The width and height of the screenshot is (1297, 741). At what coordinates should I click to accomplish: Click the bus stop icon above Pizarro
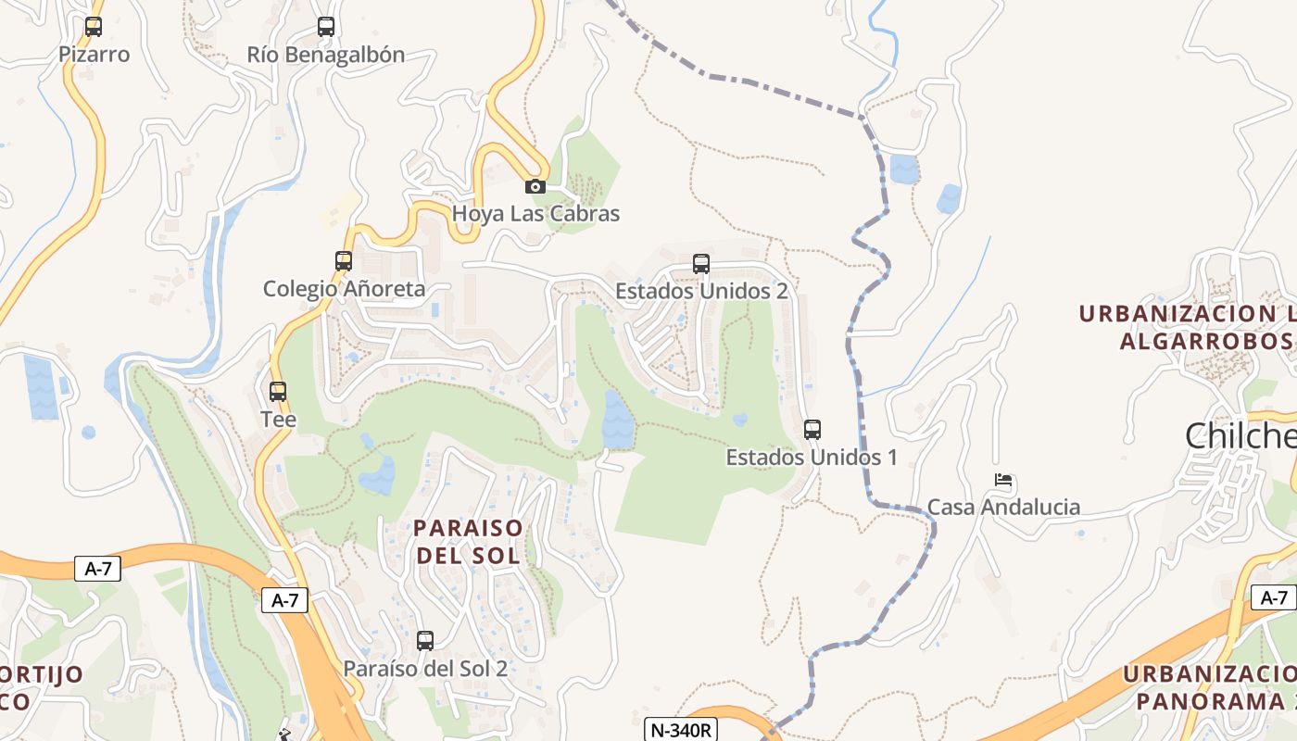pyautogui.click(x=94, y=27)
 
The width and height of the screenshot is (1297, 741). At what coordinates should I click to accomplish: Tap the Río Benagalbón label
pyautogui.click(x=326, y=55)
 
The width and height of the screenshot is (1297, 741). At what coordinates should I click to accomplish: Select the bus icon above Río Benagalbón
pyautogui.click(x=326, y=27)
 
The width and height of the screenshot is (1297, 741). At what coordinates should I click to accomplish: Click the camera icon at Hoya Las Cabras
pyautogui.click(x=535, y=186)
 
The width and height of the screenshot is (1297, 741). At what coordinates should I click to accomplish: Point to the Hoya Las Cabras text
pyautogui.click(x=535, y=214)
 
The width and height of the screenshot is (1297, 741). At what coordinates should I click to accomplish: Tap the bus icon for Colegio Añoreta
pyautogui.click(x=344, y=261)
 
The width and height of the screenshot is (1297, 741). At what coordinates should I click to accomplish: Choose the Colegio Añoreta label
pyautogui.click(x=344, y=289)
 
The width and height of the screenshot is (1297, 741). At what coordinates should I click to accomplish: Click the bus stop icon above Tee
pyautogui.click(x=278, y=392)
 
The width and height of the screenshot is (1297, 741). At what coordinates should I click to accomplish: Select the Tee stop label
pyautogui.click(x=278, y=420)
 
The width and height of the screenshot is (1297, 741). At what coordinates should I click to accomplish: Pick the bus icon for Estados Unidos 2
pyautogui.click(x=701, y=264)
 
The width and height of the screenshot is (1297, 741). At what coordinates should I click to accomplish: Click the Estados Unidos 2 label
pyautogui.click(x=701, y=291)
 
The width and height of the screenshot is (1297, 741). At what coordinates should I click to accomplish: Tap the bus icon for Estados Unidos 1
pyautogui.click(x=812, y=430)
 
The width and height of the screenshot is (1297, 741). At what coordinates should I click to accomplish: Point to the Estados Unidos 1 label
pyautogui.click(x=812, y=458)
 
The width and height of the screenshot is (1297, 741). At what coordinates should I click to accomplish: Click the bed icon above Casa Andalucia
pyautogui.click(x=1003, y=480)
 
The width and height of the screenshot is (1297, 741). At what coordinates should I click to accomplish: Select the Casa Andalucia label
pyautogui.click(x=1003, y=507)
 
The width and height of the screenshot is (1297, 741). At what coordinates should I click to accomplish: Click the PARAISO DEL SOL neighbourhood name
pyautogui.click(x=468, y=542)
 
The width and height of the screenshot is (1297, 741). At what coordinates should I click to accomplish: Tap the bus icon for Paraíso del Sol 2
pyautogui.click(x=425, y=641)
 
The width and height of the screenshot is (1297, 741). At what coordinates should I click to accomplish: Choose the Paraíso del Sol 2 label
pyautogui.click(x=425, y=669)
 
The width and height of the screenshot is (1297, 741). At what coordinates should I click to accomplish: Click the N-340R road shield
pyautogui.click(x=681, y=730)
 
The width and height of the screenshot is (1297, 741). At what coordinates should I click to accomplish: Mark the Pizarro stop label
pyautogui.click(x=94, y=55)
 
